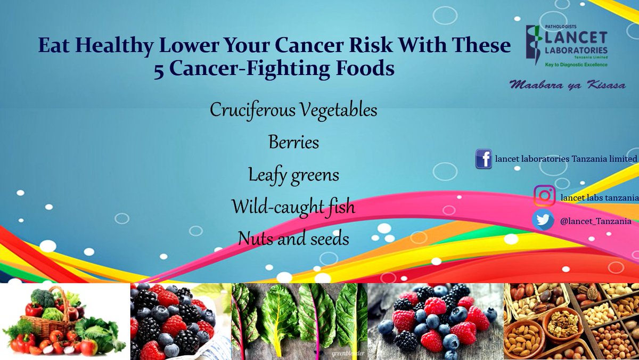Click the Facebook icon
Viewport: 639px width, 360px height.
coord(484,159)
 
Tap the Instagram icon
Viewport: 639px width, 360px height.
coord(544,196)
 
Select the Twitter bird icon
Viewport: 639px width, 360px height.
coord(543,220)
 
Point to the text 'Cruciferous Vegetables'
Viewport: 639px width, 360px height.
coord(293,110)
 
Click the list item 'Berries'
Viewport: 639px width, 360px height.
coord(293,143)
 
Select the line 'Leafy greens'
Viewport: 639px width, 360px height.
coord(293,175)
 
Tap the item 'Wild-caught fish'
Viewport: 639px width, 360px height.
coord(293,207)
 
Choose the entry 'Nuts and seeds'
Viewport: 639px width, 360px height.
coord(293,239)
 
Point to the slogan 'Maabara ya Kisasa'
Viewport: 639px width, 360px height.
coord(567,85)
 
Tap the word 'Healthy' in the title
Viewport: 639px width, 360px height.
coord(109,46)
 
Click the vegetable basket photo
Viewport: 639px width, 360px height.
coord(65,322)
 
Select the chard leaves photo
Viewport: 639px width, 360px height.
coord(299,322)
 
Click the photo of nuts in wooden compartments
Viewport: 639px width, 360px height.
coord(571,322)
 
